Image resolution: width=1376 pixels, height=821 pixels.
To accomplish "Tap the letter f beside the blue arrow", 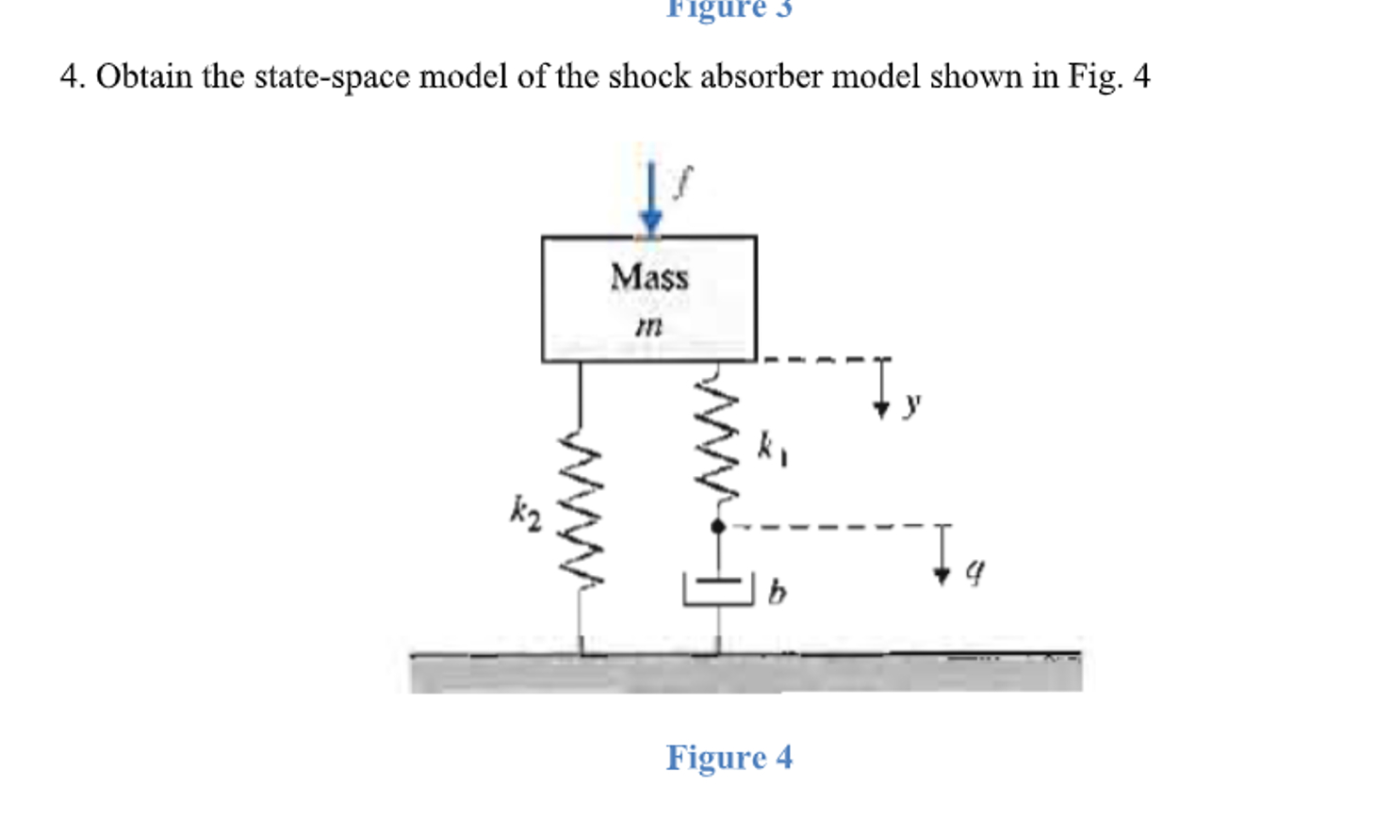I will (683, 180).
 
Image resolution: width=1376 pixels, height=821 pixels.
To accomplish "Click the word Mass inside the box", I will (649, 277).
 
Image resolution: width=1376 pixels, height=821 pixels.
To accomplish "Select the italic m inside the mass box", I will (648, 326).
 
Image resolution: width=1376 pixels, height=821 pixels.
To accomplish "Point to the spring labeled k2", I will (580, 510).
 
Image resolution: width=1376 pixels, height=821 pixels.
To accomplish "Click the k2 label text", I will (525, 514).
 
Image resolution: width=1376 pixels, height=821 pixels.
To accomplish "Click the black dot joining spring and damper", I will (718, 527).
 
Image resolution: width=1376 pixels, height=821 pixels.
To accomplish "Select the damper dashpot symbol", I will (718, 589).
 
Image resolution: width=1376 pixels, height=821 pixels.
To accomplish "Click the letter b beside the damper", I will (777, 592).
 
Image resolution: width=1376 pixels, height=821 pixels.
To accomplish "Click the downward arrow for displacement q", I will (942, 556).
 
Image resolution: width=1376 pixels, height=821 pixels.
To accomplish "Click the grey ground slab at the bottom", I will (745, 673).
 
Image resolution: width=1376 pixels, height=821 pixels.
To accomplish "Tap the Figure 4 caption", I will (729, 757).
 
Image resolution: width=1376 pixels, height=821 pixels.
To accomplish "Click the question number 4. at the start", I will (72, 76).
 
